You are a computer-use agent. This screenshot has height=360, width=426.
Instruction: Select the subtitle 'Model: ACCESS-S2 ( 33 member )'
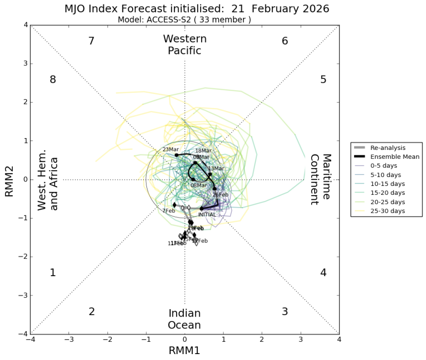[x=184, y=20]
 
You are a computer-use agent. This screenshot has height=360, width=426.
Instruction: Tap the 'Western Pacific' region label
[x=185, y=44]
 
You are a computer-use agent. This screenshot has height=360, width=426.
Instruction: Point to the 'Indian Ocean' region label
[x=184, y=319]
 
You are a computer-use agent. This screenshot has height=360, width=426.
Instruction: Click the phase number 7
[x=91, y=41]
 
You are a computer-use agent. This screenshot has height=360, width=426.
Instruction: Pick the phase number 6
[x=284, y=41]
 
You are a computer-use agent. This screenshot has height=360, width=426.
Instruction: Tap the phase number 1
[x=53, y=273]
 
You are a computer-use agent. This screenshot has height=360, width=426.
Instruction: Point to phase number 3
[x=284, y=312]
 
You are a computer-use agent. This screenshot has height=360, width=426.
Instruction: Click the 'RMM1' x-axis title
[x=185, y=351]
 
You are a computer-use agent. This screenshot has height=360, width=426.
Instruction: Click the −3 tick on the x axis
[x=69, y=340]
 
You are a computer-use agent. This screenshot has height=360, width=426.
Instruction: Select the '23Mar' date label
[x=171, y=149]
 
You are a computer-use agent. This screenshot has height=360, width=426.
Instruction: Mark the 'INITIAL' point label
[x=207, y=215]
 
